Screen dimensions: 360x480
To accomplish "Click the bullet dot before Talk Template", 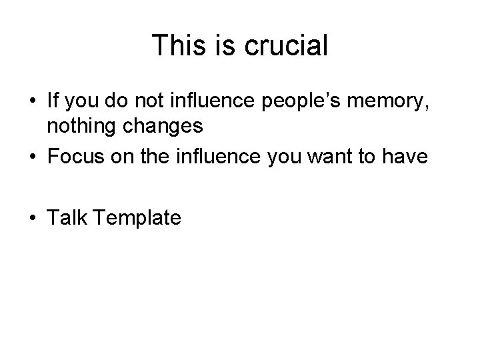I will point(33,217).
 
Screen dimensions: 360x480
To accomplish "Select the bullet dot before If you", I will point(33,103).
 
